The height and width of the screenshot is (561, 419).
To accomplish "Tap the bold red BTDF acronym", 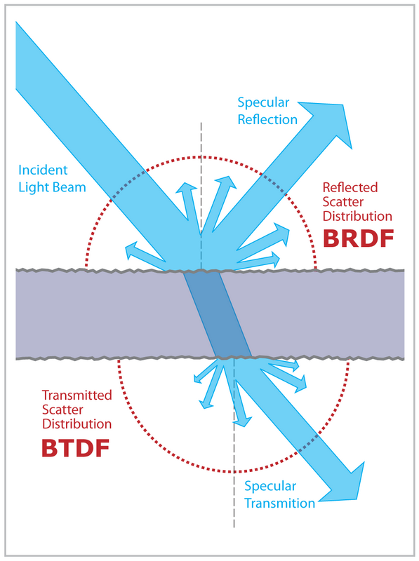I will (x=76, y=447).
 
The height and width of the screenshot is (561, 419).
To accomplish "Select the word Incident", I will (x=42, y=170).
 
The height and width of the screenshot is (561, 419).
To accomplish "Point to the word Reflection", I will (x=267, y=119).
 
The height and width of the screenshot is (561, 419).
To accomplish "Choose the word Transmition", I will (x=279, y=503).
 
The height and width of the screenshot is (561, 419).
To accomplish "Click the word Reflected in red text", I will (x=350, y=187).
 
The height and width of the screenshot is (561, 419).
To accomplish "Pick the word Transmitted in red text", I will (x=77, y=396).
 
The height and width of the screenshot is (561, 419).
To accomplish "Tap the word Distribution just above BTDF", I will (x=77, y=424).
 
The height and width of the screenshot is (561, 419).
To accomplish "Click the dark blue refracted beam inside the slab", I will (x=216, y=314).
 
